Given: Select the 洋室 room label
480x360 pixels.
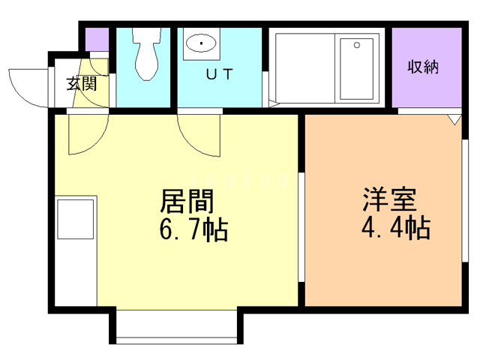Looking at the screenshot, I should tap(390, 201).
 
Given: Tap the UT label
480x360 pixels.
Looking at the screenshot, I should tap(219, 74).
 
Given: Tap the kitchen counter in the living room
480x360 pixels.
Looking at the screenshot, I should tap(76, 250).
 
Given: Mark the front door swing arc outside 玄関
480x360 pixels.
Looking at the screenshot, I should tap(28, 86).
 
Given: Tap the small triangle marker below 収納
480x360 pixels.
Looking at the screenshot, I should tap(454, 118).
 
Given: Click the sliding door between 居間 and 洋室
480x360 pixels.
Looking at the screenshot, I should tap(301, 225).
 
